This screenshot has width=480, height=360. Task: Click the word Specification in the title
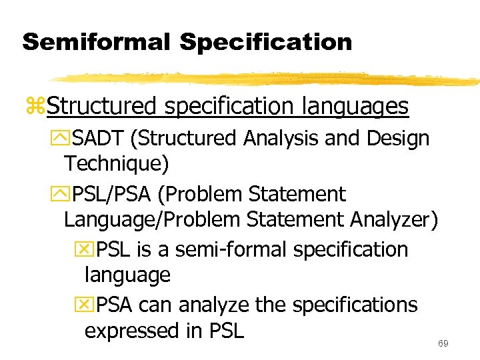coord(265,42)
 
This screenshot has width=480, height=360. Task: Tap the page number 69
coord(443,343)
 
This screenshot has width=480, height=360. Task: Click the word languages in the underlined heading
coord(355,106)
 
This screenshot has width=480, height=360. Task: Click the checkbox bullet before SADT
coord(65,139)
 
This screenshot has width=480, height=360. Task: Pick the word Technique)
coord(116,163)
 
